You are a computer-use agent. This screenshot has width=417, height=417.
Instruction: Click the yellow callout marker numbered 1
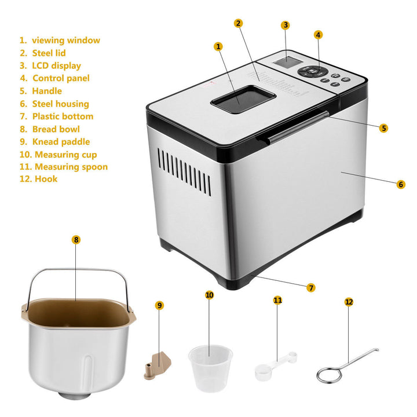[x=218, y=46]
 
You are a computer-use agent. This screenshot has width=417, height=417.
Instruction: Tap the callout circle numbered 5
[x=383, y=128]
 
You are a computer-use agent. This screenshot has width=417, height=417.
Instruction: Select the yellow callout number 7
[x=310, y=287]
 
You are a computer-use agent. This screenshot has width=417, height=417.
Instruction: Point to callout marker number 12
[x=349, y=302]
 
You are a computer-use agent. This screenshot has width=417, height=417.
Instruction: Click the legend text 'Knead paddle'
[x=61, y=142]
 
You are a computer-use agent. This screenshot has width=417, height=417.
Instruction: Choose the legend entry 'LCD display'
[x=56, y=65]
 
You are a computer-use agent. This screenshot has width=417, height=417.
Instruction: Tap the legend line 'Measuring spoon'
[x=71, y=167]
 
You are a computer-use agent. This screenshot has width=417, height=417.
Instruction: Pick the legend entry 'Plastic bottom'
[x=63, y=116]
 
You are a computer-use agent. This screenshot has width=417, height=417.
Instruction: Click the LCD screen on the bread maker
[x=287, y=62]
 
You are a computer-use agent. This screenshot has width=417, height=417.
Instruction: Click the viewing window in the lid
[x=243, y=99]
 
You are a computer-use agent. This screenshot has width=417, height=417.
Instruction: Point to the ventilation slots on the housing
[x=185, y=172]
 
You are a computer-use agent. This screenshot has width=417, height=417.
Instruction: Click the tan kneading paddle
[x=158, y=365]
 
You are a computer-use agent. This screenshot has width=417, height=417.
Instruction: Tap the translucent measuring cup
[x=210, y=368]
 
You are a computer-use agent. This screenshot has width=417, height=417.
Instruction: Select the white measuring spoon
[x=276, y=366]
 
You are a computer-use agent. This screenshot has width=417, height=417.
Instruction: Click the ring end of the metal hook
[x=329, y=375]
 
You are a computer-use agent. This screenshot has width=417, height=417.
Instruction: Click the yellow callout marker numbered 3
[x=286, y=25]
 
